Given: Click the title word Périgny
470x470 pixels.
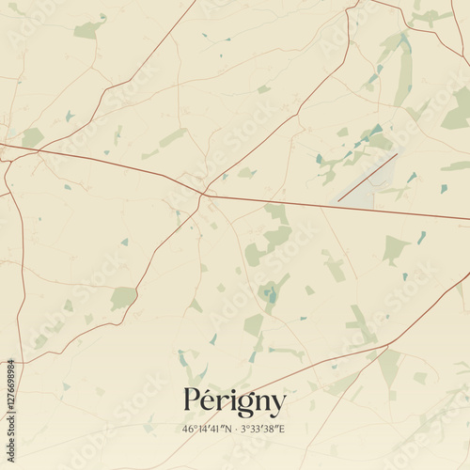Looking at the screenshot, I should [235, 403].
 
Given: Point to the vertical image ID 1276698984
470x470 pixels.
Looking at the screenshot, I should [10, 406].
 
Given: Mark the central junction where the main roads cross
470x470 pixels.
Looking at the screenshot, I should [202, 195].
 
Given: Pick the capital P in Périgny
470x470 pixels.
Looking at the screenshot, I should [193, 401].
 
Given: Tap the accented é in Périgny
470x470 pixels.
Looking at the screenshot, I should [211, 401].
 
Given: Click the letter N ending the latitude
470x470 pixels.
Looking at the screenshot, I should [230, 429].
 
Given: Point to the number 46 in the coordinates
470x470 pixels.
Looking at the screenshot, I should [189, 429].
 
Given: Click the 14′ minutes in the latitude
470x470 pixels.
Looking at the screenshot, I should [203, 429].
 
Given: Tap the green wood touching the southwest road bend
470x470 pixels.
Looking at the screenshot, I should [122, 298].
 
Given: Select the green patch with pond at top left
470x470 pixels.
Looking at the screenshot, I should [89, 29].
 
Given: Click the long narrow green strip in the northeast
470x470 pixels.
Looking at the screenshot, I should [404, 75].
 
